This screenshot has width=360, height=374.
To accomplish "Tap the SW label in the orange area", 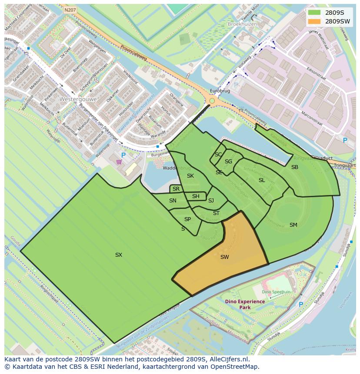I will (224, 257).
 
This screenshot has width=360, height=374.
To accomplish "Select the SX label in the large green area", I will (119, 255).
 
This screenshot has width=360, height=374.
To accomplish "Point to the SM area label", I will (293, 225).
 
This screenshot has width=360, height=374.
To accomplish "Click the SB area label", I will (295, 167).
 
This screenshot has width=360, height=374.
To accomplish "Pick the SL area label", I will (262, 180).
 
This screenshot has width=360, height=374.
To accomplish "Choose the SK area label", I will (190, 176).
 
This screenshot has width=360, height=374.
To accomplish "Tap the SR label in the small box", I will (176, 189).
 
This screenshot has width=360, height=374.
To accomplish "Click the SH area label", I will (196, 196).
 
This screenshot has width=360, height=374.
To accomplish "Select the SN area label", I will (173, 201).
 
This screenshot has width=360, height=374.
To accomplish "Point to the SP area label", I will (187, 219).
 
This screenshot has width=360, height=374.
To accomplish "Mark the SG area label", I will (228, 162).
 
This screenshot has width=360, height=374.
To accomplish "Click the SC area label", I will (218, 155).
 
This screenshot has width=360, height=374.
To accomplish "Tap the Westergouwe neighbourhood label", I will (79, 99).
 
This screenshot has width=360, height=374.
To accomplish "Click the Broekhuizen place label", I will (242, 24).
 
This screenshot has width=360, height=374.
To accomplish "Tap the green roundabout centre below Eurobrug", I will (212, 101).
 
